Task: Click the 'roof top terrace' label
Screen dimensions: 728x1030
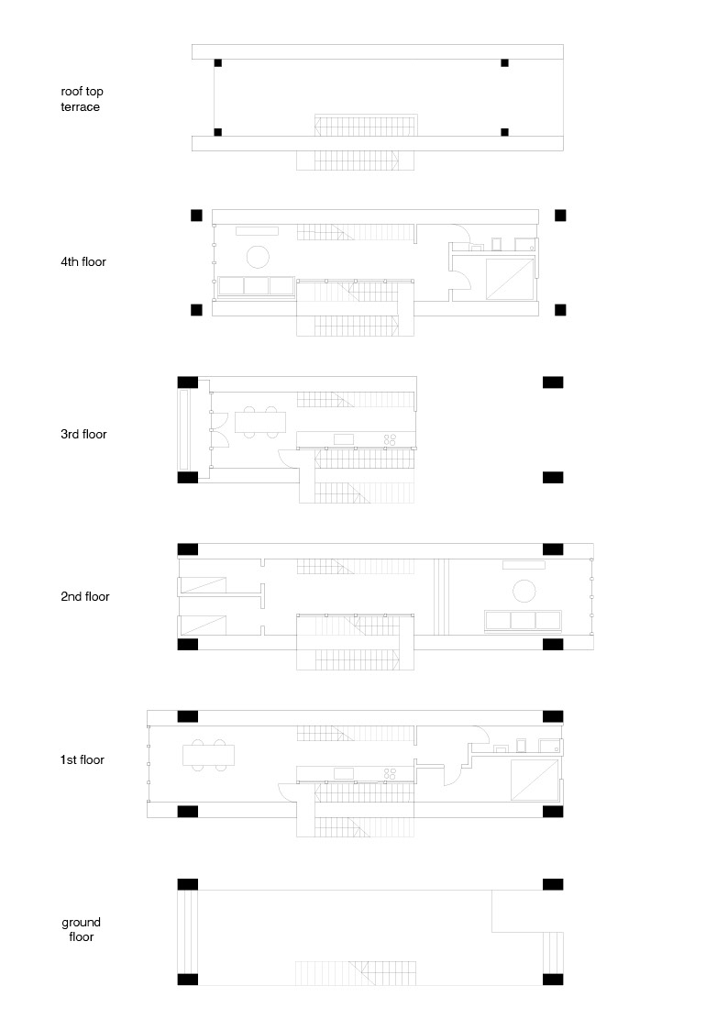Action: [x=80, y=99]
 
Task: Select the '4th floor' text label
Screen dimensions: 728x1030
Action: [x=83, y=262]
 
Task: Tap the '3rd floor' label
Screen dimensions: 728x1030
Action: [x=83, y=434]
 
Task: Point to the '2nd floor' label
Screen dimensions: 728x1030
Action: [x=84, y=596]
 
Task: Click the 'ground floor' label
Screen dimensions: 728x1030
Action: [x=82, y=929]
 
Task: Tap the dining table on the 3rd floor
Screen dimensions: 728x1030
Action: [x=259, y=423]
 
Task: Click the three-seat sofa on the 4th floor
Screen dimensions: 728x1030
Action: [x=255, y=286]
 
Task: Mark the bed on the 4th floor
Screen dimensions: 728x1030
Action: [x=510, y=279]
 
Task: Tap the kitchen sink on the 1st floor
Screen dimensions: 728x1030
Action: [x=344, y=773]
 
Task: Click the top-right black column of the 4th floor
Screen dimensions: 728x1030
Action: [x=560, y=216]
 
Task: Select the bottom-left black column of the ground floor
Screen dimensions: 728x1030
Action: [x=187, y=979]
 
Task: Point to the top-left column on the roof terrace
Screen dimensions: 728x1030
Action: [x=218, y=63]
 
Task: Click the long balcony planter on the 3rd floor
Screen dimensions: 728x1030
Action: [x=184, y=428]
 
